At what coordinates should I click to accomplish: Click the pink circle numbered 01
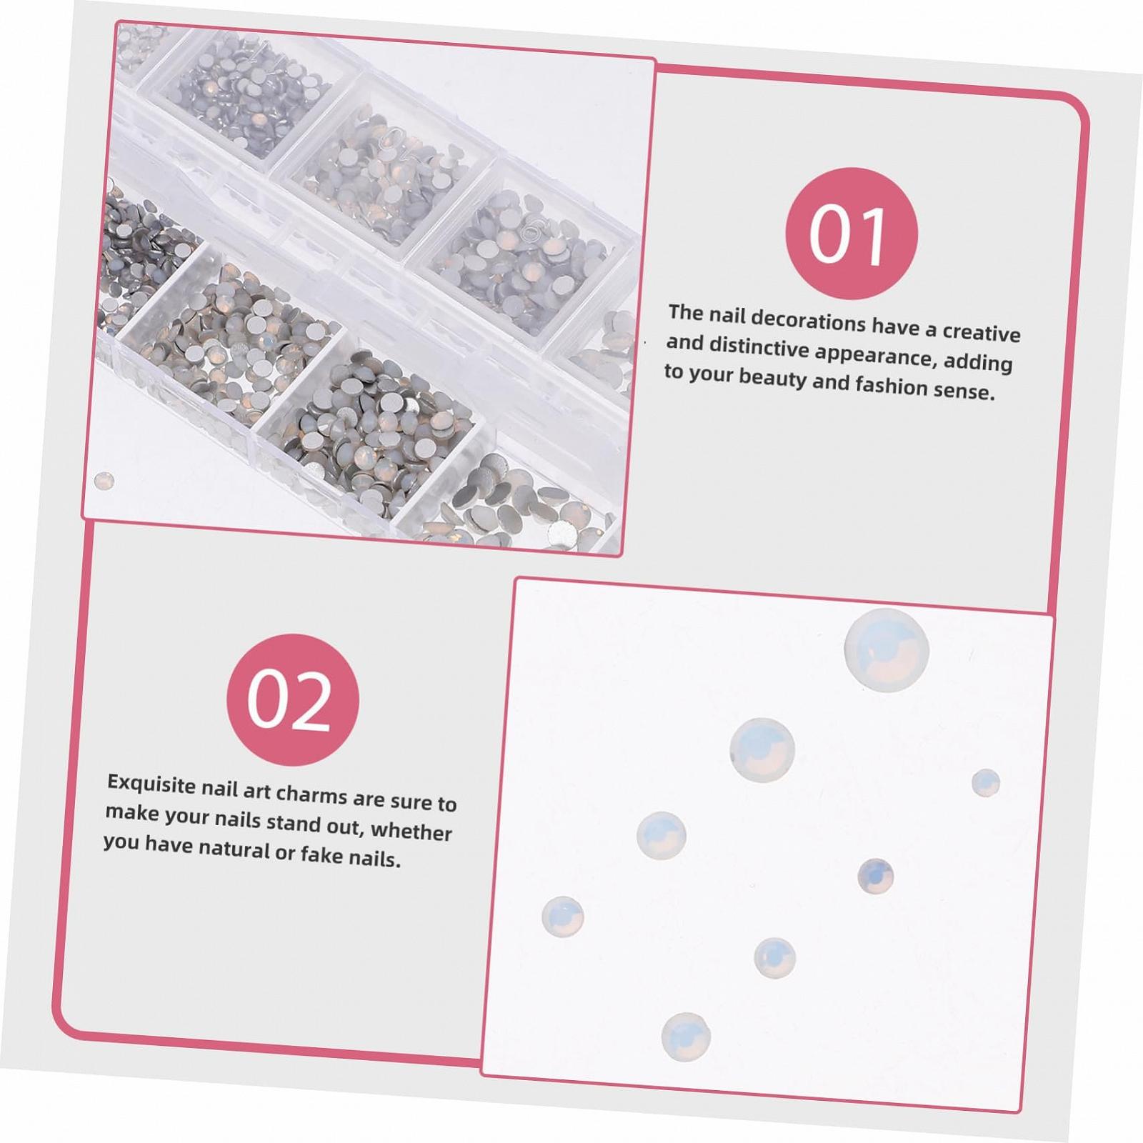[852, 234]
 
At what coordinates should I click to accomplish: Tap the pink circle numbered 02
[292, 700]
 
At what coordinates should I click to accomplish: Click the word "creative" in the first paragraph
[982, 332]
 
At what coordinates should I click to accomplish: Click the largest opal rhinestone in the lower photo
[886, 652]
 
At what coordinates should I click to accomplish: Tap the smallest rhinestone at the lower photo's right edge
[986, 783]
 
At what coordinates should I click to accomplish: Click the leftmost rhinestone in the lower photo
[563, 917]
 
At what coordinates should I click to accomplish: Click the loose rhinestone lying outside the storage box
[104, 479]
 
